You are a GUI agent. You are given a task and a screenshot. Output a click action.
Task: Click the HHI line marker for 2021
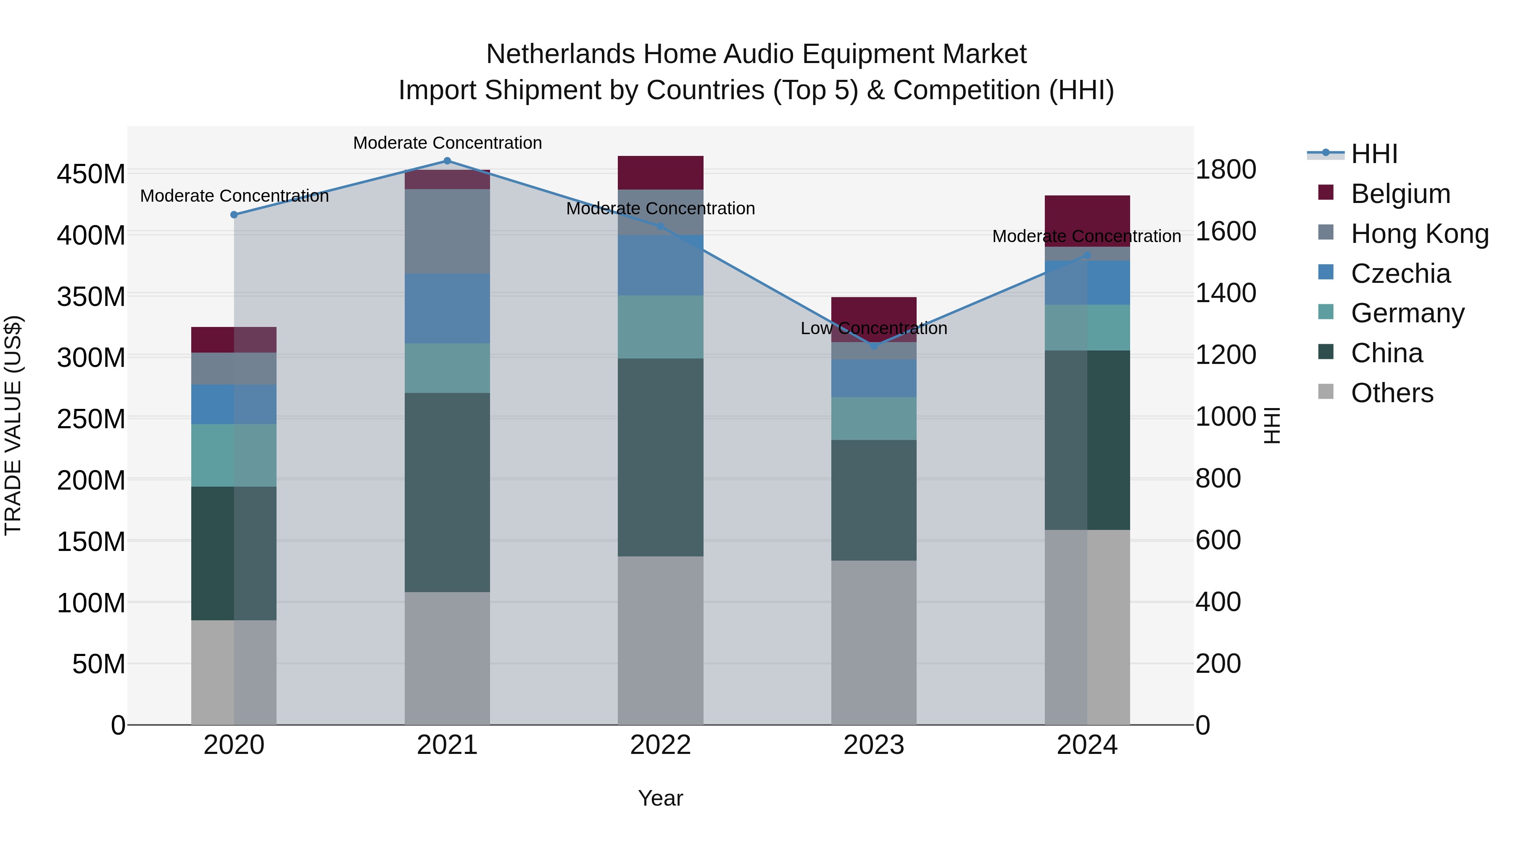pos(447,161)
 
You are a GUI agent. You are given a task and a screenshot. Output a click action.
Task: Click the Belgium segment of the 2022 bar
pos(660,173)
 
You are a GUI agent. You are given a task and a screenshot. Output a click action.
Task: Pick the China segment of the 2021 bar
pos(447,492)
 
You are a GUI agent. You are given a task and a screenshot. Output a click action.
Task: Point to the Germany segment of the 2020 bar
pos(234,455)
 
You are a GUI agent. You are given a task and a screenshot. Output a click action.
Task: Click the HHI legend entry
pos(1373,154)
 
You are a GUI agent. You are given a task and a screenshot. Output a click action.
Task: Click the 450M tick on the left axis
pos(91,174)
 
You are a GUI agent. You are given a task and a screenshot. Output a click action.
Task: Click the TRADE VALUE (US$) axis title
pos(13,425)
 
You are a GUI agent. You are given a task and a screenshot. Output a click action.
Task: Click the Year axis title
pos(660,798)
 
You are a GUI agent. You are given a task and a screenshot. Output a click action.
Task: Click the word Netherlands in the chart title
pos(560,54)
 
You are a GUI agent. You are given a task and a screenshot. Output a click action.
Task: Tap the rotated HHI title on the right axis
pos(1272,425)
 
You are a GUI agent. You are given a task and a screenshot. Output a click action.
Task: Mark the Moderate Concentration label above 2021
pos(447,143)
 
